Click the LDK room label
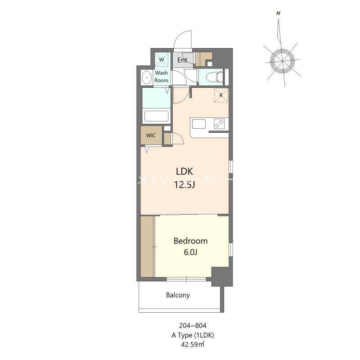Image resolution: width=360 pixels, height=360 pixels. (x=184, y=171)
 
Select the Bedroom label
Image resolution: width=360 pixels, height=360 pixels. (x=191, y=241)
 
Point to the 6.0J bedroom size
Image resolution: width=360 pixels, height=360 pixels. (x=191, y=252)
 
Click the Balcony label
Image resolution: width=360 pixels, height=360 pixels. (x=178, y=296)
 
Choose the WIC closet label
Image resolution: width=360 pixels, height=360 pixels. (x=151, y=135)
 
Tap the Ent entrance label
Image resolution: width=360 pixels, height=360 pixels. (x=182, y=60)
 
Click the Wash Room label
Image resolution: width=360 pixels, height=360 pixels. (x=162, y=76)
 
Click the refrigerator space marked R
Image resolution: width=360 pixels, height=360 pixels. (x=221, y=95)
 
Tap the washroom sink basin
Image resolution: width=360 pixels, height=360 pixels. (x=147, y=78)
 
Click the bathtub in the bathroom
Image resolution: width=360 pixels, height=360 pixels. (x=156, y=116)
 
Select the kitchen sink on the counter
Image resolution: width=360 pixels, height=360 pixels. (x=198, y=124)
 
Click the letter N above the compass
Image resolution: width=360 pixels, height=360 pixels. (x=279, y=13)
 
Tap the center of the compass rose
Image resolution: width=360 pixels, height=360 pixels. (x=283, y=60)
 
